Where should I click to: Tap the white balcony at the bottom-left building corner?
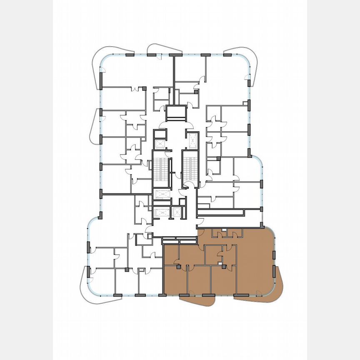tap(89, 287)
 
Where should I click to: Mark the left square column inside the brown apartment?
tap(179, 268)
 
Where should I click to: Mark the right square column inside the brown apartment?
tap(224, 266)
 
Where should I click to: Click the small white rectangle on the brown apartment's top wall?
tap(224, 230)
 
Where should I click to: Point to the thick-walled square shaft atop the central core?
tap(178, 113)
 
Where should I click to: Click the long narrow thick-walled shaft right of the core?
tap(221, 212)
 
